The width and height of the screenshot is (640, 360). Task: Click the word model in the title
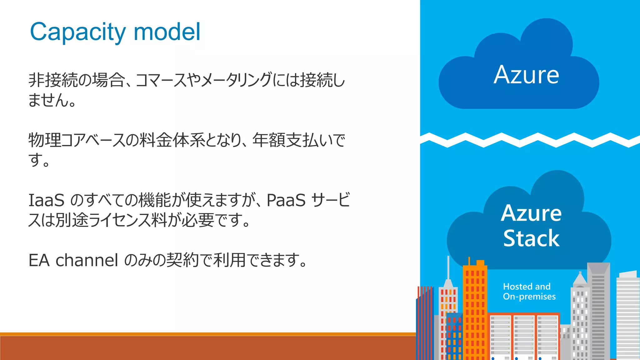[167, 32]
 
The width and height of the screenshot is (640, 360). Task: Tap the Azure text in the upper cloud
[526, 75]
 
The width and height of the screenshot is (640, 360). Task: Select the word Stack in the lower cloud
[531, 238]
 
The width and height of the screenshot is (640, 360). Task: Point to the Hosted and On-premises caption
[529, 291]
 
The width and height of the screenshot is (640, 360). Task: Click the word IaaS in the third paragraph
[46, 200]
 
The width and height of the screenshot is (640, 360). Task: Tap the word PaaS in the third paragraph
[286, 200]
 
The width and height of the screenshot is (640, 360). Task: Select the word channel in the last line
[87, 260]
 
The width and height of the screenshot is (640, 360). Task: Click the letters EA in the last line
[39, 260]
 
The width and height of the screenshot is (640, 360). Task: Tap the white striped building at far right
[628, 316]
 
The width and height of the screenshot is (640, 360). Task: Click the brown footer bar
[206, 347]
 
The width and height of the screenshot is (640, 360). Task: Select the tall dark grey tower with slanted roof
[598, 312]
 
